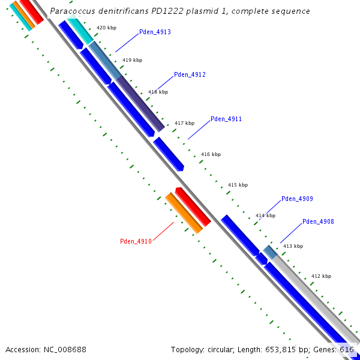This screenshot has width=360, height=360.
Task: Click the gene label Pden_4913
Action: pyautogui.click(x=155, y=32)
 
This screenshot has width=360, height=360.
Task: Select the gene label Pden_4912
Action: pyautogui.click(x=190, y=75)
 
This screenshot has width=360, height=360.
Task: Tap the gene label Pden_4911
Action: pyautogui.click(x=226, y=119)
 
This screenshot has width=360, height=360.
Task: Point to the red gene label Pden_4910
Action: pyautogui.click(x=136, y=241)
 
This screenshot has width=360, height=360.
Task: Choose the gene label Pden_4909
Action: pyautogui.click(x=297, y=199)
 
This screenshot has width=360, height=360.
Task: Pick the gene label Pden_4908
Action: pyautogui.click(x=318, y=221)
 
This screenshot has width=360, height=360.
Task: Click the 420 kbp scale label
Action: pyautogui.click(x=106, y=28)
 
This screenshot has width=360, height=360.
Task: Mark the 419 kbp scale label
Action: pyautogui.click(x=132, y=60)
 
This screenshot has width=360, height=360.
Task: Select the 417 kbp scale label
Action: pyautogui.click(x=184, y=123)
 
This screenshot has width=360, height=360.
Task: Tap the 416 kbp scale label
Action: pyautogui.click(x=211, y=154)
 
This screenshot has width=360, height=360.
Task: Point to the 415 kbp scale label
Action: pyautogui.click(x=238, y=185)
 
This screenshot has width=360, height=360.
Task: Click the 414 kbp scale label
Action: pyautogui.click(x=265, y=215)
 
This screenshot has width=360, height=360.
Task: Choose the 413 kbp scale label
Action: pyautogui.click(x=293, y=246)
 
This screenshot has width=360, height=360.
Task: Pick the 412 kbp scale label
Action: pyautogui.click(x=321, y=276)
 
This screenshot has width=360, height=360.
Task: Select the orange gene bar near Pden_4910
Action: pyautogui.click(x=184, y=213)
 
